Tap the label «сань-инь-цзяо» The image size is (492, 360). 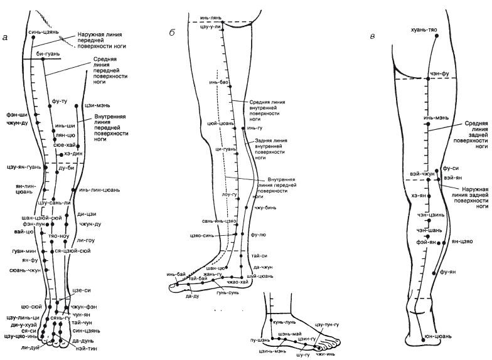(219, 222)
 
